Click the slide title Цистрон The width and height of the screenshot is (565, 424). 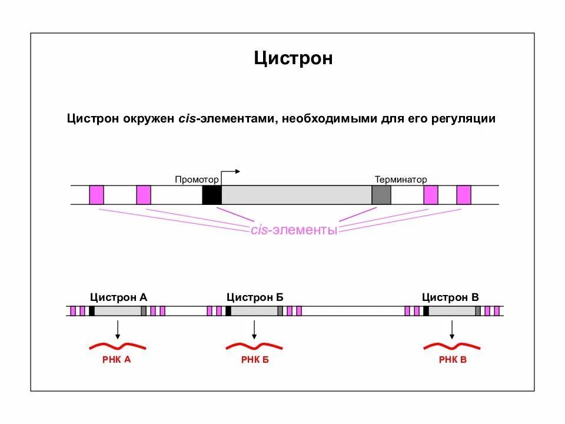pos(293,58)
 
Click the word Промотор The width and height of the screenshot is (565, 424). pos(197,179)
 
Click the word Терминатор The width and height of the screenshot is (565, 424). pos(401,179)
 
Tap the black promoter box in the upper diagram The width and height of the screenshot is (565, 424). pos(211,195)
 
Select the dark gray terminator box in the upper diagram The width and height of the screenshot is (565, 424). pos(381,195)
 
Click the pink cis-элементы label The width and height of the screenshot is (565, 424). pos(294,230)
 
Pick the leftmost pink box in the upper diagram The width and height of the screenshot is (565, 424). pos(97,195)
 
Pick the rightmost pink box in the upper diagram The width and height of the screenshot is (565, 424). pos(464,195)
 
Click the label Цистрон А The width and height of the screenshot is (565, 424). pos(118,297)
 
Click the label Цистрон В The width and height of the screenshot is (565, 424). pos(450,297)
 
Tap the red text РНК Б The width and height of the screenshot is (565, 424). pos(255,360)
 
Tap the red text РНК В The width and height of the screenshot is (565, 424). pos(453,360)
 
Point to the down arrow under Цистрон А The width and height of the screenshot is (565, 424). pos(118,329)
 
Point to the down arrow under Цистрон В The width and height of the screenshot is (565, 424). pos(451,329)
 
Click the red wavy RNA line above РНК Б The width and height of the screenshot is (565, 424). pos(254,346)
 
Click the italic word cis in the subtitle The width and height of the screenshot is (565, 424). pos(187,119)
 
